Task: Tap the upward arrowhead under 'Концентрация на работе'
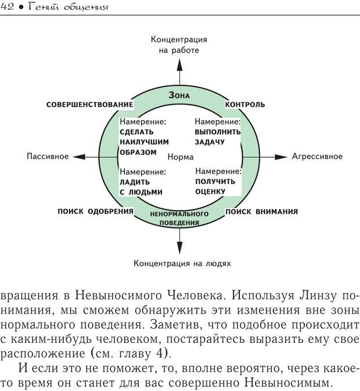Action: pos(179,63)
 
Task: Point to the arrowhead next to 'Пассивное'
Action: pos(79,157)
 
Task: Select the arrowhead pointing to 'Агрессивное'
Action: pos(280,157)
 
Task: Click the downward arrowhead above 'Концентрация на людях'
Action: pos(179,249)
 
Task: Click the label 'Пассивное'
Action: pos(48,157)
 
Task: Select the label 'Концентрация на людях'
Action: pos(182,263)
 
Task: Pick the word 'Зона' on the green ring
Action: pos(179,95)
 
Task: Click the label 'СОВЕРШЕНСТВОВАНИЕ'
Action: pos(89,104)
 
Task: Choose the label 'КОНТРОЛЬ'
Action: pos(244,104)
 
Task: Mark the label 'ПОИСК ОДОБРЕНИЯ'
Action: pos(96,211)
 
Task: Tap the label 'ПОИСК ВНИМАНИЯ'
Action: pos(261,211)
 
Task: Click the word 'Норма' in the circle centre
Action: pos(180,157)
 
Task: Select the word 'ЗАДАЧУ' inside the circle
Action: pos(210,142)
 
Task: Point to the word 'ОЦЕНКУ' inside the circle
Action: pos(210,192)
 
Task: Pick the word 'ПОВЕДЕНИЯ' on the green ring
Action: pos(179,222)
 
